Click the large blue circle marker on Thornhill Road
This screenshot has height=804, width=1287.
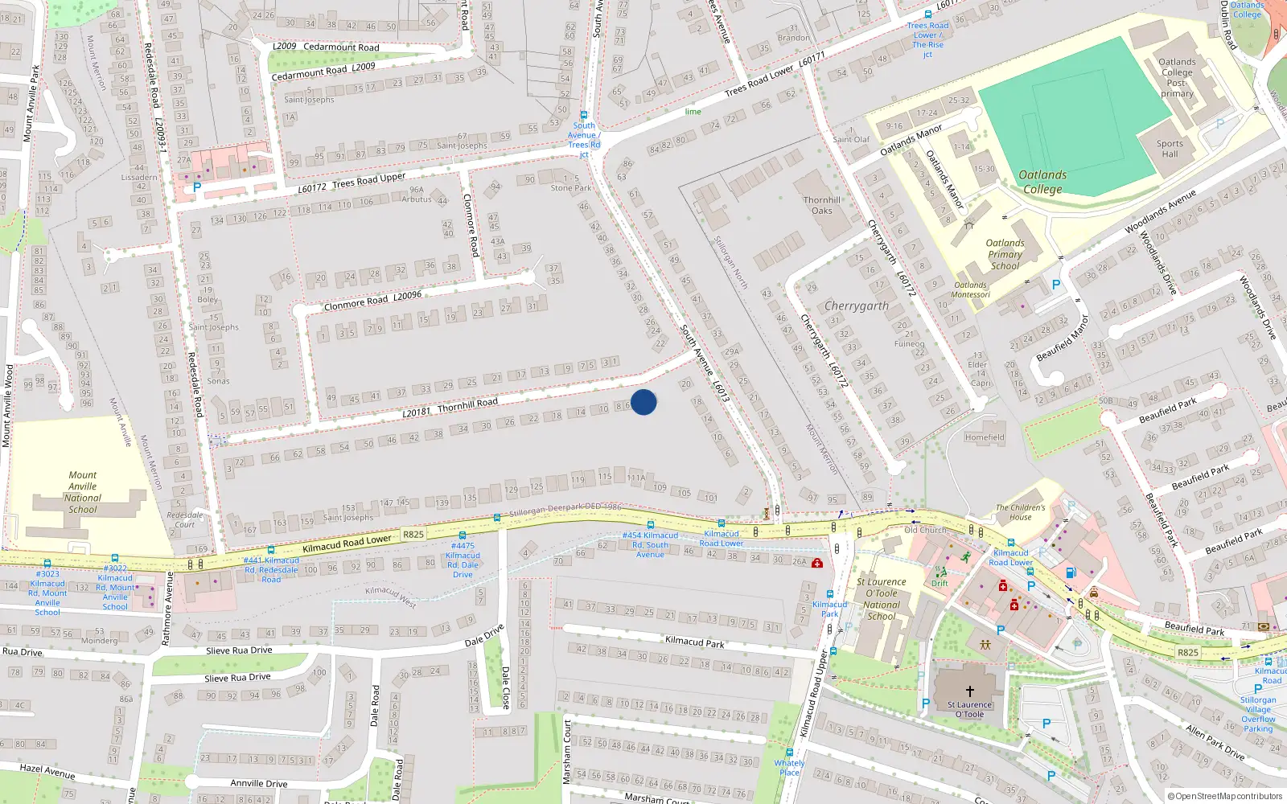click(643, 402)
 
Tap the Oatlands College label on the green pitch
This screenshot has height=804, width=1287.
click(1042, 183)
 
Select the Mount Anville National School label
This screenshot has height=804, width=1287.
click(82, 492)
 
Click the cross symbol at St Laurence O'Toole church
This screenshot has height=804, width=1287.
click(970, 691)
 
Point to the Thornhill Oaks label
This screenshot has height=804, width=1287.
click(821, 205)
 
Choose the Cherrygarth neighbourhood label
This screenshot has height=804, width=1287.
click(857, 306)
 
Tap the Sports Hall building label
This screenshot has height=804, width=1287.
click(1170, 149)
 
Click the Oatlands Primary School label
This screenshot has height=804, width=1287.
click(1005, 254)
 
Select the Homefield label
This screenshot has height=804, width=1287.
click(985, 437)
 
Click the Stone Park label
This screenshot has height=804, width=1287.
click(571, 188)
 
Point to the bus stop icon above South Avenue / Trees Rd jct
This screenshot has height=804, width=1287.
click(584, 115)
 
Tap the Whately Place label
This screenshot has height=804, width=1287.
click(789, 768)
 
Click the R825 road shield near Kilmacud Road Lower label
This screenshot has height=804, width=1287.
click(413, 534)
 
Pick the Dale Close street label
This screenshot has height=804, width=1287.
click(505, 687)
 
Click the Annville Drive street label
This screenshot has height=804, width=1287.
click(258, 783)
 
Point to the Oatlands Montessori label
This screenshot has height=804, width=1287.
click(970, 289)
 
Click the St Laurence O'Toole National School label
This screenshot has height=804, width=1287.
click(882, 599)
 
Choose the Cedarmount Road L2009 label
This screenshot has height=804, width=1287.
click(325, 47)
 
